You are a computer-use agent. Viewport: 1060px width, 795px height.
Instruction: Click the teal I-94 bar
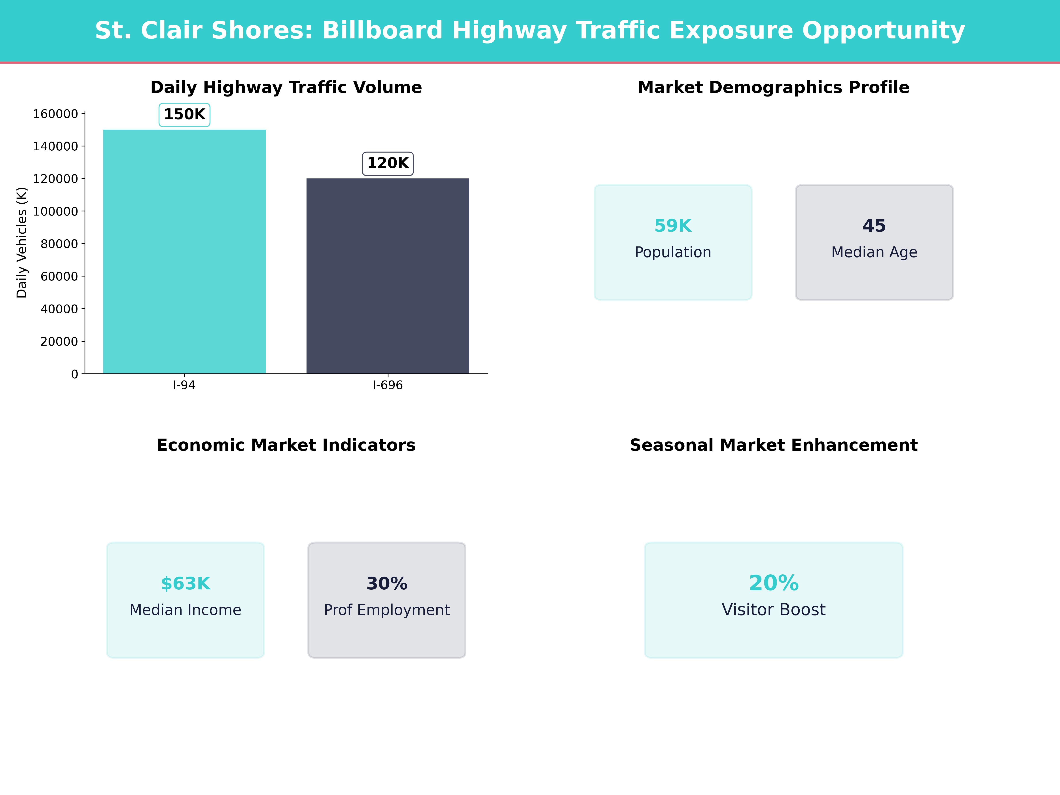tap(184, 252)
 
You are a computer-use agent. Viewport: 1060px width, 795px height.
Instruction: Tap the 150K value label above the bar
tap(184, 115)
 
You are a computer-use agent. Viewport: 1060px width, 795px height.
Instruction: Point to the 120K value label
tap(388, 163)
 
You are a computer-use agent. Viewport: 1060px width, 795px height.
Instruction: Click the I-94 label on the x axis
tap(184, 385)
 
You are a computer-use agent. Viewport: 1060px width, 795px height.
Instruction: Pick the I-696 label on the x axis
tap(388, 385)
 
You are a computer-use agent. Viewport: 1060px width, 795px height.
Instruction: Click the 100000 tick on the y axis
tap(56, 211)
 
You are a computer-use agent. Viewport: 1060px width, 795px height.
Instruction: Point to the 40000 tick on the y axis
tap(59, 309)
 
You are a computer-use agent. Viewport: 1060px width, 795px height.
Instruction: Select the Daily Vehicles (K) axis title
tap(22, 242)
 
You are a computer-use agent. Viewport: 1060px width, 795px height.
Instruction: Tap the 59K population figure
tap(673, 226)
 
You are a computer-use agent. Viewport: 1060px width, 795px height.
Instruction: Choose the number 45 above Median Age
tap(874, 226)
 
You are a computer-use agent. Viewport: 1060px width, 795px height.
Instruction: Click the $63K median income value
tap(185, 584)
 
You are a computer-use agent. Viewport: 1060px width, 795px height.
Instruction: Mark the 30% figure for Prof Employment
tap(387, 584)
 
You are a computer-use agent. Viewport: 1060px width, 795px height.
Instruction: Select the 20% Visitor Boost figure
tap(773, 583)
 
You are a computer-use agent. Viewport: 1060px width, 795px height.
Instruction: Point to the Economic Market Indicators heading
tap(286, 445)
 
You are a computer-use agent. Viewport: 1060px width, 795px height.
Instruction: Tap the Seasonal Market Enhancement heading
tap(773, 445)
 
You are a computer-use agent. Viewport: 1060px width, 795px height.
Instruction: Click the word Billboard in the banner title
tap(382, 31)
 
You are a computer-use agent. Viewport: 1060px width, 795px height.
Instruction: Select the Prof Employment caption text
tap(387, 610)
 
